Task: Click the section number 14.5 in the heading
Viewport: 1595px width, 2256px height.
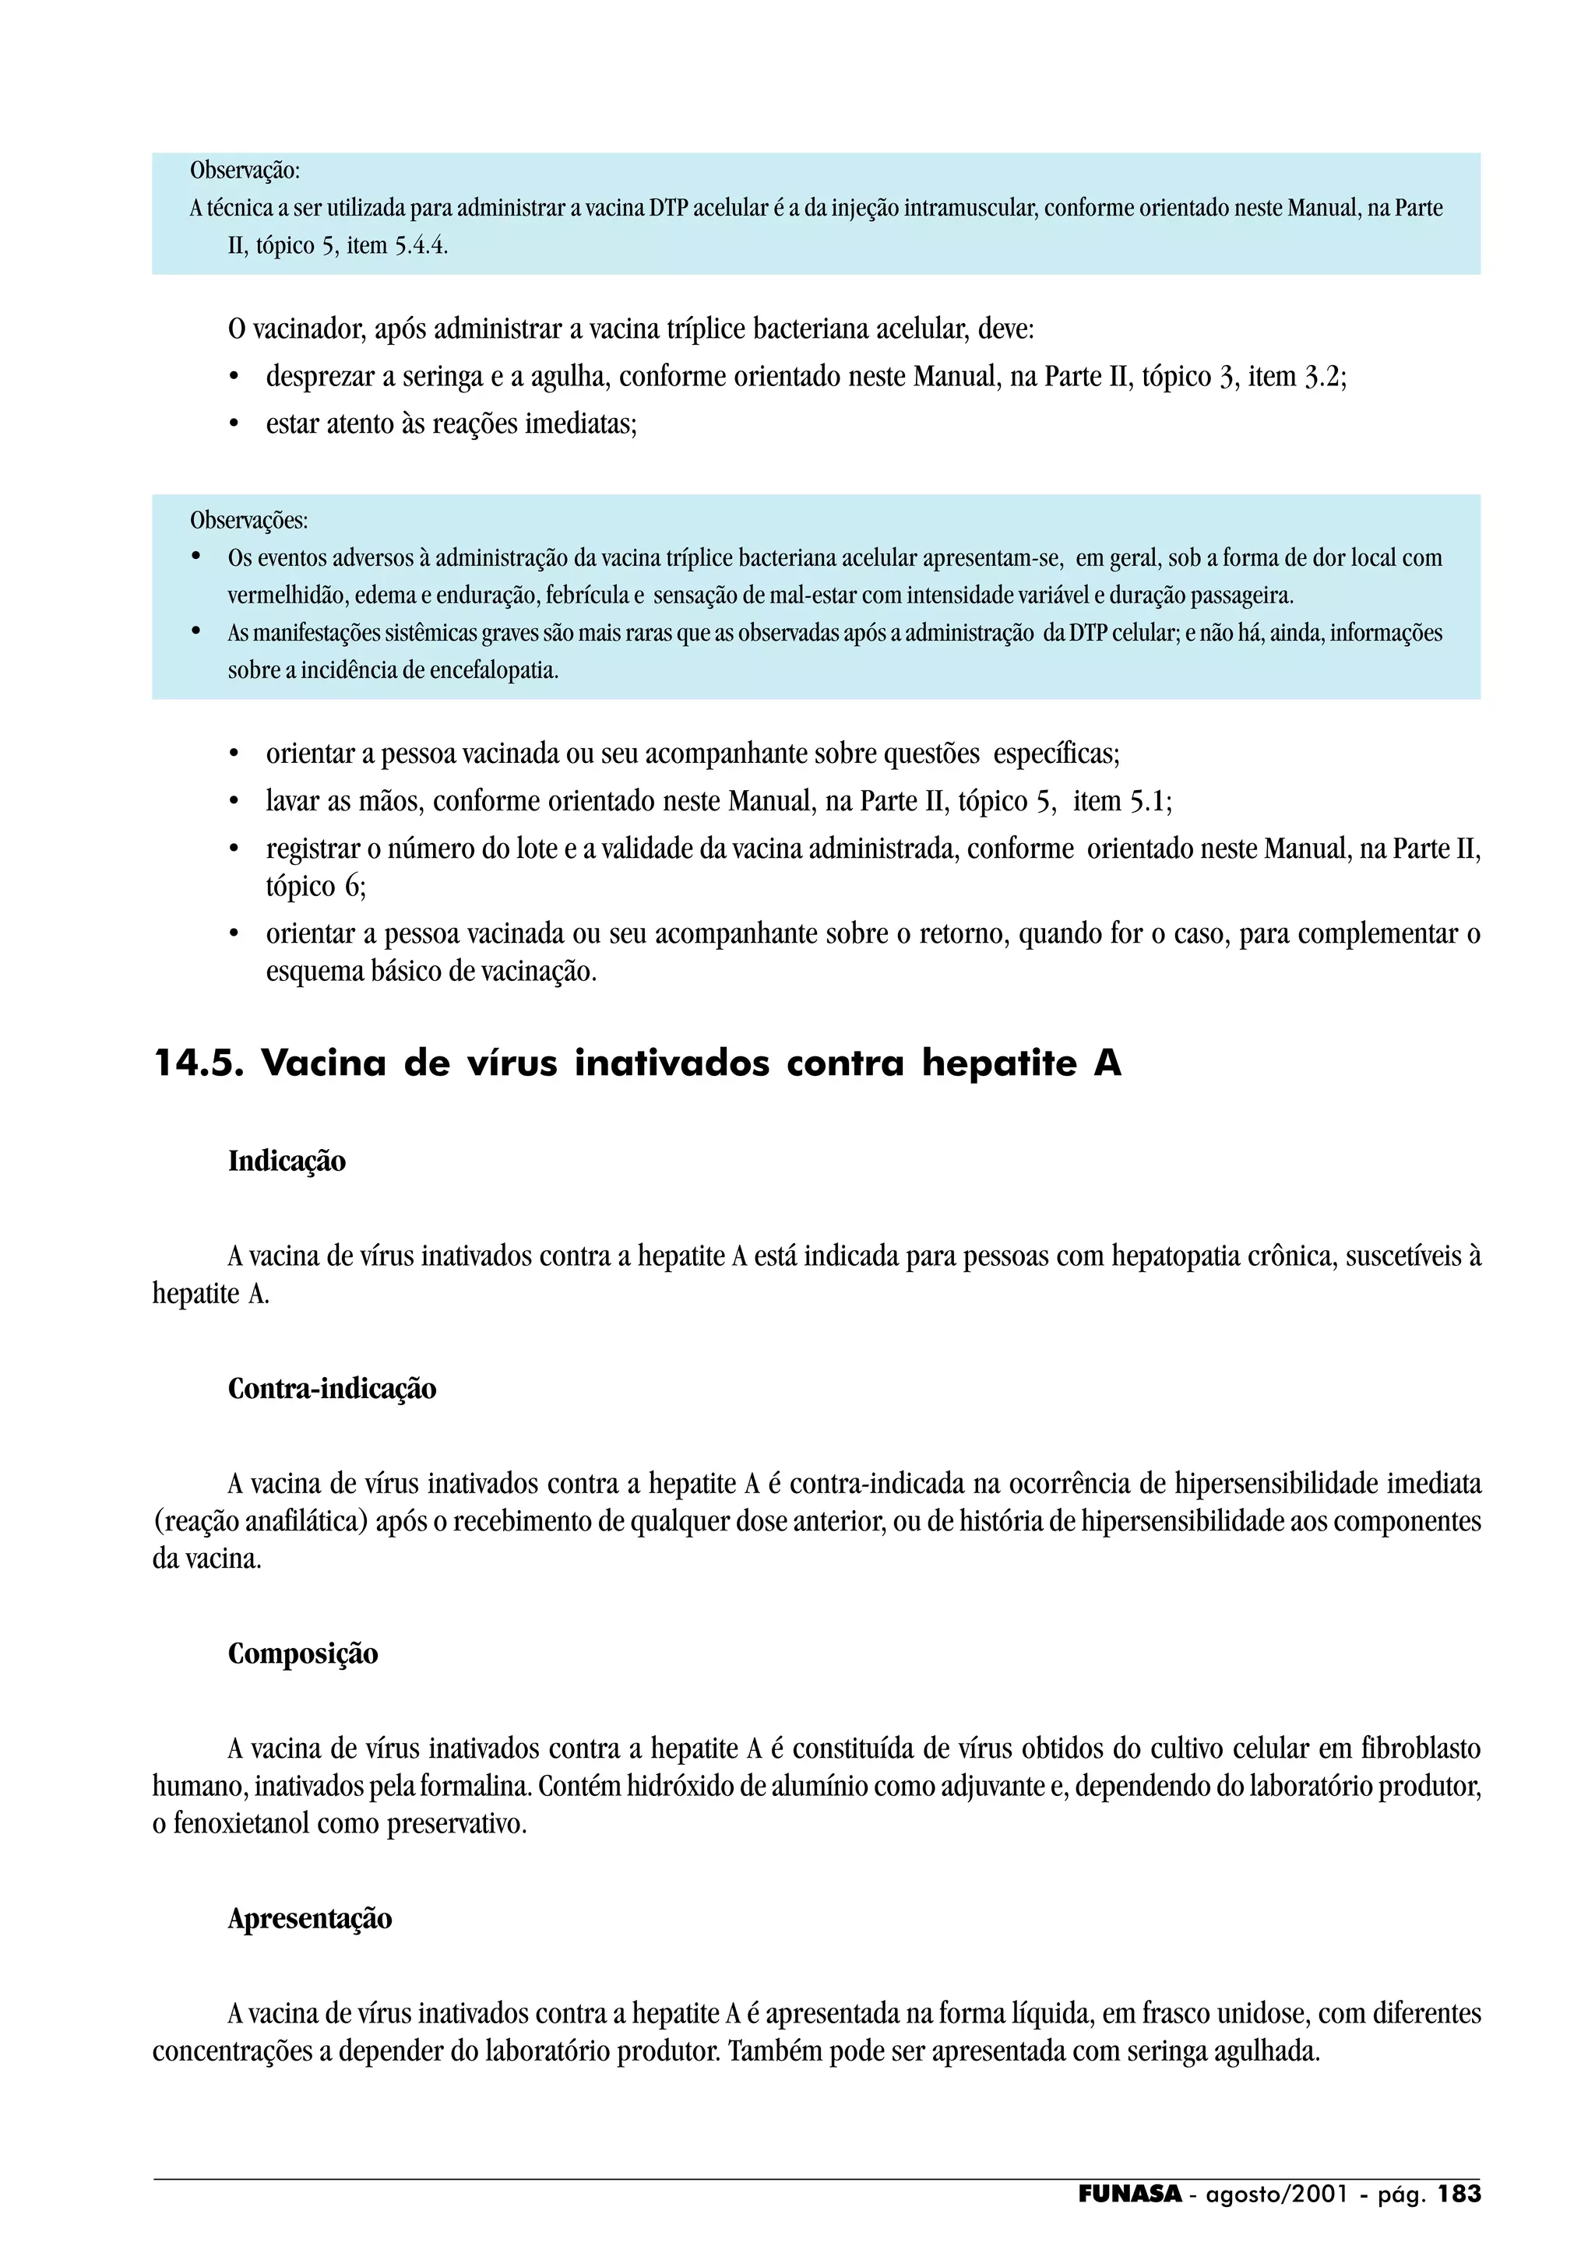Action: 198,1063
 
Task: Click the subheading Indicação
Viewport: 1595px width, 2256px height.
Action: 286,1161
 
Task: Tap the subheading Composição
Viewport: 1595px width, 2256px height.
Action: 303,1653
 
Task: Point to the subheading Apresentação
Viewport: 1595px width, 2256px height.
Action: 309,1919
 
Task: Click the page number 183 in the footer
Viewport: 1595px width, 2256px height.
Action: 1459,2194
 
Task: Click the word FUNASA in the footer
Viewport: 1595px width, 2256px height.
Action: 1129,2194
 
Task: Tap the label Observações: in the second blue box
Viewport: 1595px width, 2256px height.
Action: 248,520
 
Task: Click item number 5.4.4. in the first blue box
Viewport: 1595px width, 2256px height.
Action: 421,246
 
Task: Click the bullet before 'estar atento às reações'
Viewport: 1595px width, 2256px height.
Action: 234,424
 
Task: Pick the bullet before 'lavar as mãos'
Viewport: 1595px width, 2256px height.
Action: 234,802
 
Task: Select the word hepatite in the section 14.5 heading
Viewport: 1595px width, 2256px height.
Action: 998,1063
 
